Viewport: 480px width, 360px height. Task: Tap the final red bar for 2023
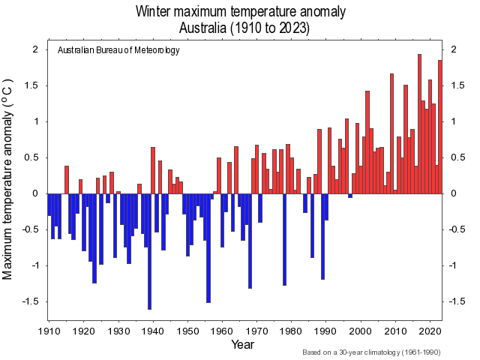(x=440, y=127)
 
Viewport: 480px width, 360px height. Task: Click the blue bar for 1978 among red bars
(x=284, y=239)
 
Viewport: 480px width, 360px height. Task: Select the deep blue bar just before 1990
(x=322, y=236)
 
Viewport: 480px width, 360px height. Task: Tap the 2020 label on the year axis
(x=430, y=330)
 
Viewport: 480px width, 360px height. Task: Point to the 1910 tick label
(x=49, y=330)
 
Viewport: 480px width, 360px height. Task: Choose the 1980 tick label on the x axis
(x=291, y=330)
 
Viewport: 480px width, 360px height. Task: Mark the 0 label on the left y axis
(x=34, y=193)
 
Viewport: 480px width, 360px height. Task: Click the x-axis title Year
(x=243, y=344)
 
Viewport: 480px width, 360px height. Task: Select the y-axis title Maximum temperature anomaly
(x=9, y=177)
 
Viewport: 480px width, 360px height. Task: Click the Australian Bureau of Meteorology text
(x=118, y=50)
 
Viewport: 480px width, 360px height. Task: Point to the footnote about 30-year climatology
(x=371, y=352)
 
